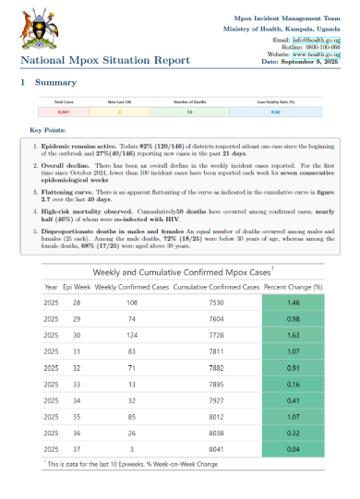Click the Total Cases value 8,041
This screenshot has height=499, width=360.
(x=64, y=112)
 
